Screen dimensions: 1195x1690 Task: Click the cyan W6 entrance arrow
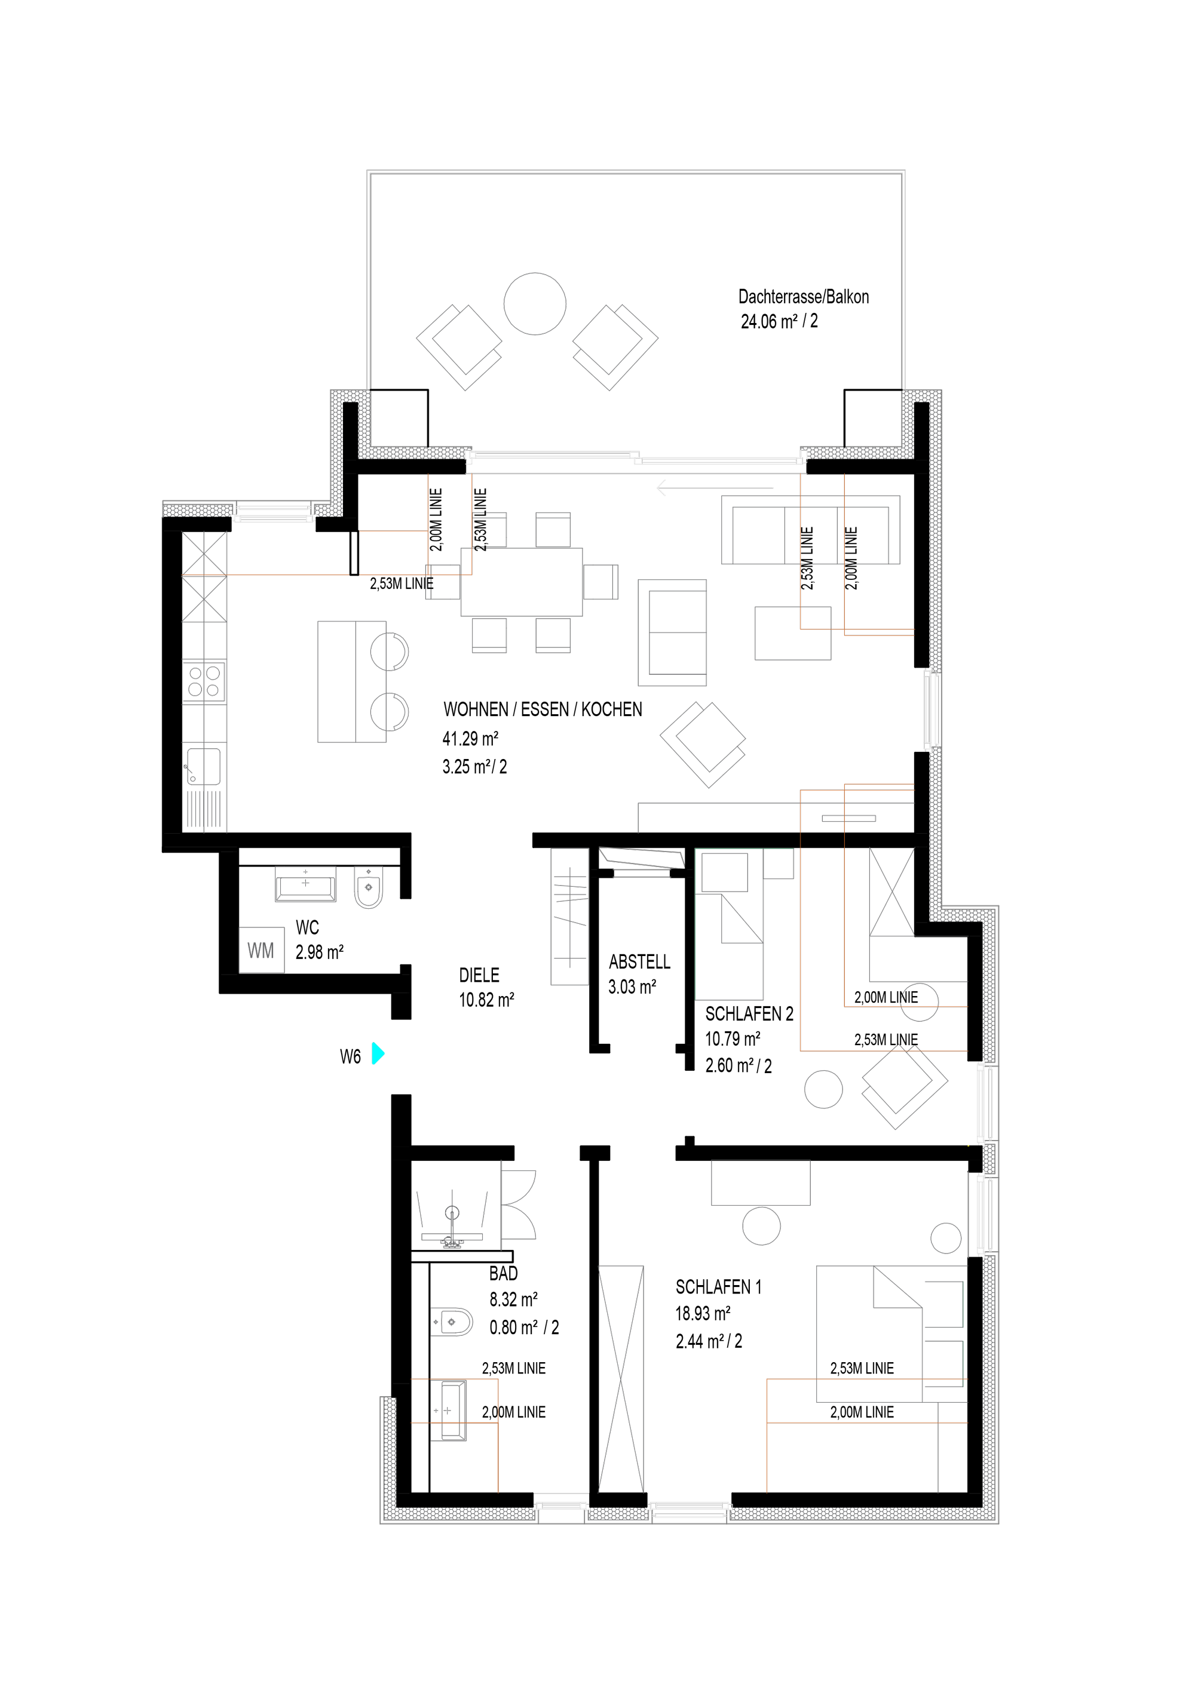[378, 1053]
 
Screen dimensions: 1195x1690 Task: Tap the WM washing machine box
[261, 950]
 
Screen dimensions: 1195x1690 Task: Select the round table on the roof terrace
[535, 304]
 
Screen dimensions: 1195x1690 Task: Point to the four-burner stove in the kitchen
[206, 680]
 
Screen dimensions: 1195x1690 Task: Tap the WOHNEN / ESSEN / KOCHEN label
[543, 709]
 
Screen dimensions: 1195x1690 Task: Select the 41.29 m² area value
[470, 738]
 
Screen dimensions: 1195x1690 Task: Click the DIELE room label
[479, 975]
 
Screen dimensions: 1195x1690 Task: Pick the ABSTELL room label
[640, 962]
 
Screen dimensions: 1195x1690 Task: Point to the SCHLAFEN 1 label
[719, 1288]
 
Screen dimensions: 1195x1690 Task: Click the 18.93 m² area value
[703, 1314]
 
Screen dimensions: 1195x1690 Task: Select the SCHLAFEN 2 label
[749, 1014]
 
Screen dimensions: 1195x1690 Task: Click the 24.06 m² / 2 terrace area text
[779, 322]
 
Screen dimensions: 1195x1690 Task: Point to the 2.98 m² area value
[320, 952]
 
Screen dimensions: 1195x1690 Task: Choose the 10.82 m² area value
[487, 1000]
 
